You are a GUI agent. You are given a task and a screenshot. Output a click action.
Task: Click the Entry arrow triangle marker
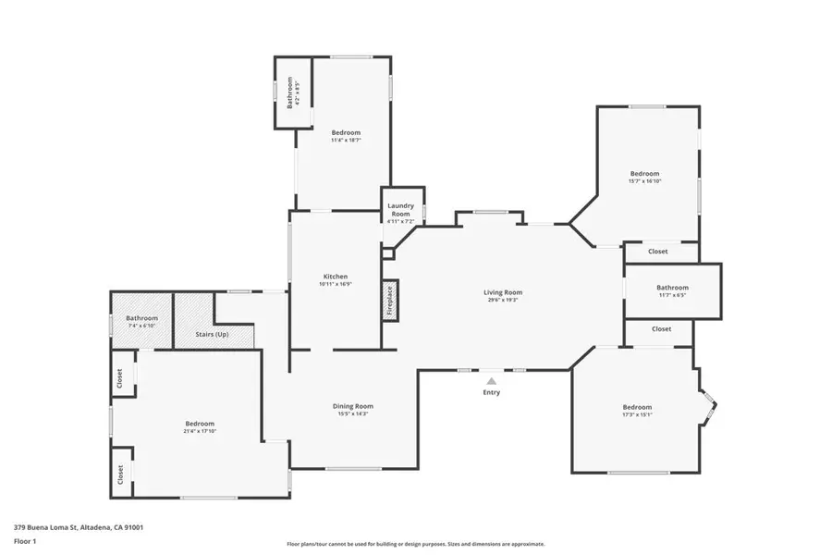point(492,380)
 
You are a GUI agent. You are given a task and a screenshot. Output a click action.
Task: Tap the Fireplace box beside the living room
point(390,301)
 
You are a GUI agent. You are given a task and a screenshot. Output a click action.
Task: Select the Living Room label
point(503,292)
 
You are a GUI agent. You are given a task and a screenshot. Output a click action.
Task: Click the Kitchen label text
point(335,277)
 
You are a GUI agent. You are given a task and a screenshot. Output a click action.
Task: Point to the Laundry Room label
point(400,209)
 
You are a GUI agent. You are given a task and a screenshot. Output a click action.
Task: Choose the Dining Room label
point(353,406)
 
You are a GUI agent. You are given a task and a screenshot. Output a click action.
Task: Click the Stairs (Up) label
point(213,334)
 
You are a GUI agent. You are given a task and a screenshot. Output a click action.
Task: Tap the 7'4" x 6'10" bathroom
point(142,322)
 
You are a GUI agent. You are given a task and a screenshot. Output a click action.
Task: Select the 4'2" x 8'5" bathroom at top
point(292,93)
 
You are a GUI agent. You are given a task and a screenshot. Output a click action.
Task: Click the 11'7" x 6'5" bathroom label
point(672,291)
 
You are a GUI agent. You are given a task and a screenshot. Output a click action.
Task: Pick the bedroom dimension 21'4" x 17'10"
point(200,432)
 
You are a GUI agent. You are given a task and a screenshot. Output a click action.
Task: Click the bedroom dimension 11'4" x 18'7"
point(346,141)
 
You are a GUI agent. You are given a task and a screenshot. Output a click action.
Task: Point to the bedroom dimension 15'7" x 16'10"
point(644,181)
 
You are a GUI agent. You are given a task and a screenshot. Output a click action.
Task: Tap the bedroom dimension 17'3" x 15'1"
point(637,415)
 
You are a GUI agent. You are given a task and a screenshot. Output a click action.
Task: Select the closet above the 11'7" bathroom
point(658,252)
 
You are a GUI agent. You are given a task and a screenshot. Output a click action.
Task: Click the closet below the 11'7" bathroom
point(661,329)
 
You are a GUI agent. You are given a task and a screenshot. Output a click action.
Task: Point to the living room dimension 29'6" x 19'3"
point(503,300)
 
